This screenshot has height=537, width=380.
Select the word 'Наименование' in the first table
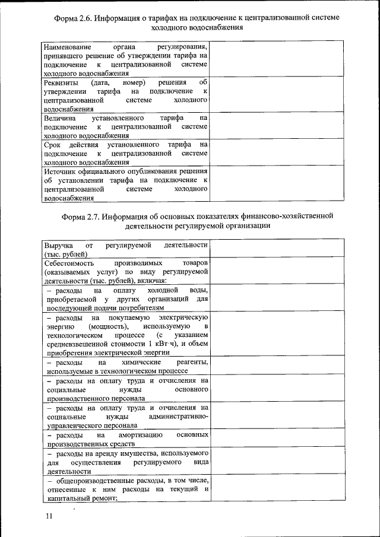pyautogui.click(x=66, y=46)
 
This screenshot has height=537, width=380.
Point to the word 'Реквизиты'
pyautogui.click(x=59, y=82)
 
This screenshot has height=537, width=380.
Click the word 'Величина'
pyautogui.click(x=59, y=118)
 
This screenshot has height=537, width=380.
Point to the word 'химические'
pyautogui.click(x=141, y=362)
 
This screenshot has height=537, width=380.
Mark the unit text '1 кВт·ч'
pyautogui.click(x=160, y=344)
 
